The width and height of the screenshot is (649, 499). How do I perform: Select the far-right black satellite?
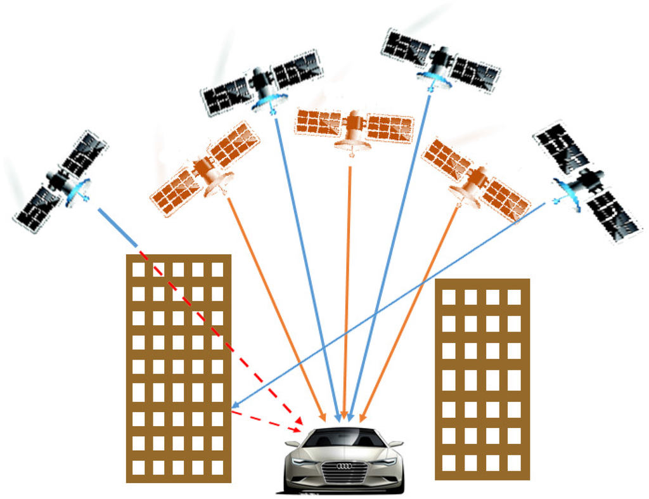pos(587,181)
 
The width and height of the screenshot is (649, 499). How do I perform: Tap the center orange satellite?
pos(354,127)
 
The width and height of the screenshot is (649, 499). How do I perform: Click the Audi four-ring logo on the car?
pos(344,466)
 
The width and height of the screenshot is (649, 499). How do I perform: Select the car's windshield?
pos(344,437)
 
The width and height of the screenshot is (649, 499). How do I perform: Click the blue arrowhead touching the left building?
pos(236,405)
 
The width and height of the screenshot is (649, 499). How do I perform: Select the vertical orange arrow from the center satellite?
pos(347,285)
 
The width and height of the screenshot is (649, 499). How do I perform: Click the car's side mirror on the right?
pos(395,444)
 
